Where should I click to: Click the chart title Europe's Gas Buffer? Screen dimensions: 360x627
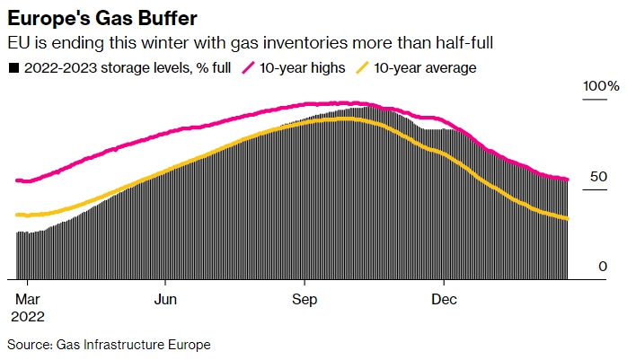tap(102, 18)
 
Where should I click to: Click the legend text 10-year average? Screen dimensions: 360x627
tap(425, 67)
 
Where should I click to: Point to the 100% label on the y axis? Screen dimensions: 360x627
tap(599, 86)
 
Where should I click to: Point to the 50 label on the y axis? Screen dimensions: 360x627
tap(598, 177)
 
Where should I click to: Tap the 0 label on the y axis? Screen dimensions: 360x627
tap(603, 267)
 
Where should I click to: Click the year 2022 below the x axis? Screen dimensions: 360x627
tap(28, 316)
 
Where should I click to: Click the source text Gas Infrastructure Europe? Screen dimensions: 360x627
tap(133, 344)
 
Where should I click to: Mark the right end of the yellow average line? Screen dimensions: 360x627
tap(567, 218)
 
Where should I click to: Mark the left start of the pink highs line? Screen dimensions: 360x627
tap(18, 180)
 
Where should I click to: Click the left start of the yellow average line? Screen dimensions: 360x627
tap(18, 215)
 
